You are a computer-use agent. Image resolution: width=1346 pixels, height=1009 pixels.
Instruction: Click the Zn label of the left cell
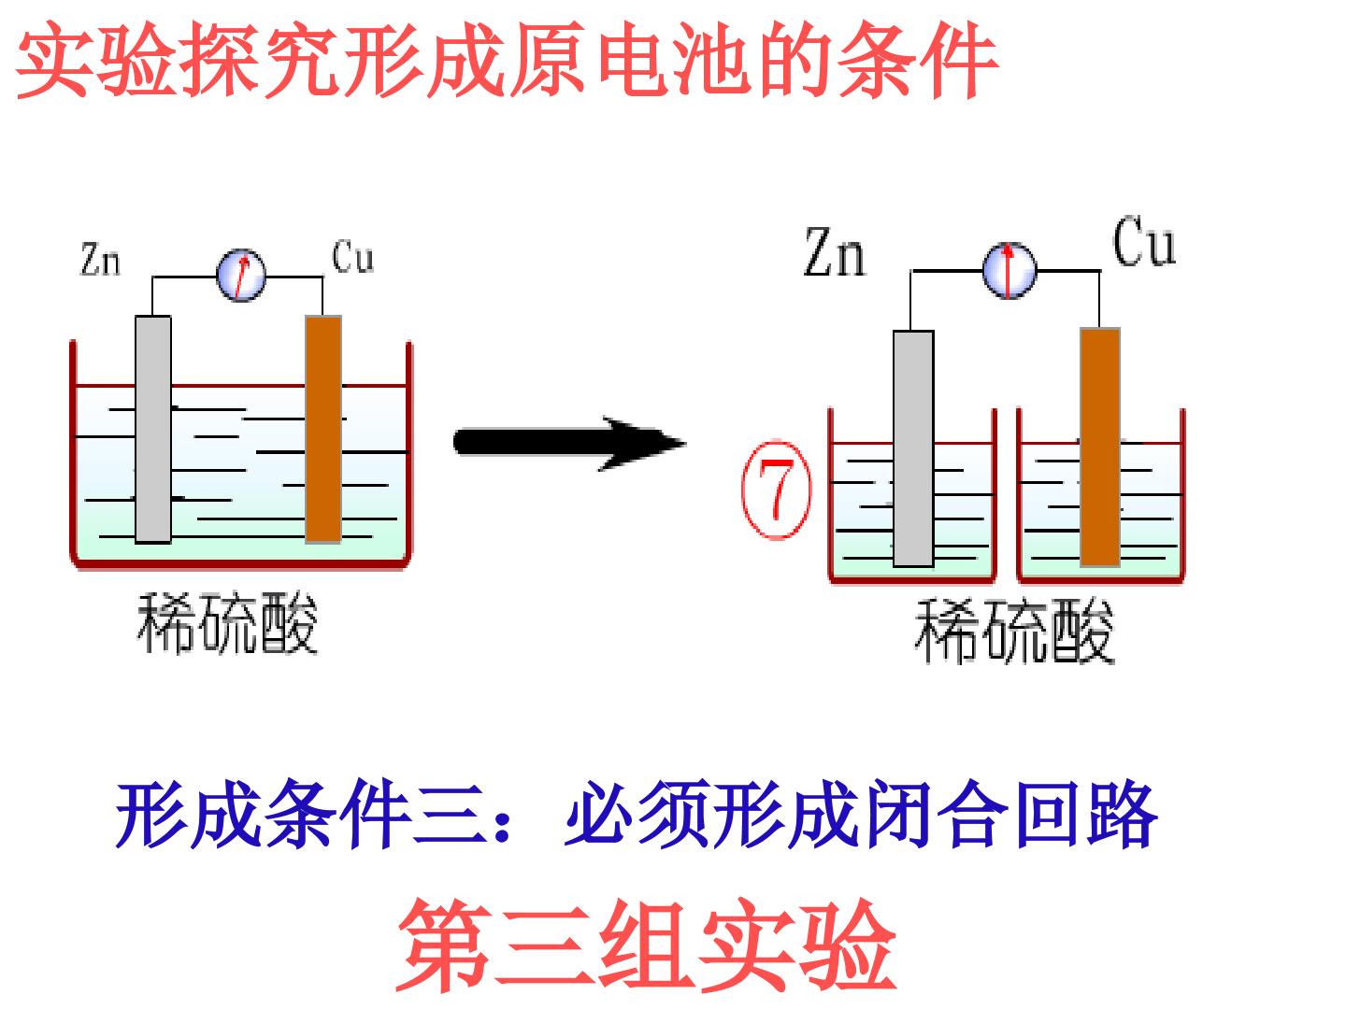[101, 259]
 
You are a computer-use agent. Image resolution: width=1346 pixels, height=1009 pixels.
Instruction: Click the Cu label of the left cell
[352, 256]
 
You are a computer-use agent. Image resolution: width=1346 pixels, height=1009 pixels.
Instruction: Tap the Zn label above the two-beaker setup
[836, 252]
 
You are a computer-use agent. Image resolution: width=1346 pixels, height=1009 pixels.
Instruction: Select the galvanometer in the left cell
[241, 275]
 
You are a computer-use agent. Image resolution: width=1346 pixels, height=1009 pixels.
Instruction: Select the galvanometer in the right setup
[1009, 270]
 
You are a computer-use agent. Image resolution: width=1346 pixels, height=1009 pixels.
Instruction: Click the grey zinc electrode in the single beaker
[153, 429]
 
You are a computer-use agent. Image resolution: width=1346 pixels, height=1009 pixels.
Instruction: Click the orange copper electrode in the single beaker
[323, 429]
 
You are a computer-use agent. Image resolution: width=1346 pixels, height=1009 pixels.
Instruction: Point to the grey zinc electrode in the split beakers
[913, 448]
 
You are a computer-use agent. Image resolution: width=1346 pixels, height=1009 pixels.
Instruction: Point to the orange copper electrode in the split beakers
[1100, 448]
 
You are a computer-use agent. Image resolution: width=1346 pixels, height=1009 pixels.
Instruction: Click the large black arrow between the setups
[569, 443]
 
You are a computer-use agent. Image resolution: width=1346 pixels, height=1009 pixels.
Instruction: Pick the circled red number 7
[777, 490]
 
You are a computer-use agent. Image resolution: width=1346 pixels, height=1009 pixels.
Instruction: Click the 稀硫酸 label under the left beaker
[227, 624]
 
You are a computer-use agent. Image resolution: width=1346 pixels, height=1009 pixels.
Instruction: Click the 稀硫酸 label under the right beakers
[1014, 631]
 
